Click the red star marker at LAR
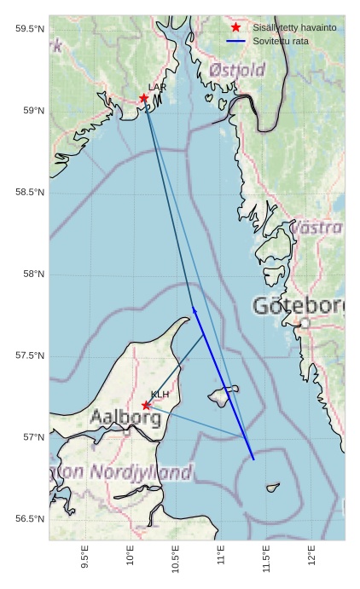click(x=144, y=98)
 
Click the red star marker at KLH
click(x=146, y=406)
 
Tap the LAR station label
click(x=157, y=87)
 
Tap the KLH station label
click(x=160, y=395)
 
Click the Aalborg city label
click(x=125, y=418)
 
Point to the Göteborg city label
click(x=299, y=305)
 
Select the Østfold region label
click(x=237, y=70)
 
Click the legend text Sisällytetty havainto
click(x=294, y=27)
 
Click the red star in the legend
click(x=235, y=27)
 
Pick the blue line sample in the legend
click(x=235, y=41)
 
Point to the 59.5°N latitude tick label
click(x=29, y=29)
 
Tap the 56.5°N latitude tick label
click(x=29, y=519)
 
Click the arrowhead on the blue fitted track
click(x=195, y=310)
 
